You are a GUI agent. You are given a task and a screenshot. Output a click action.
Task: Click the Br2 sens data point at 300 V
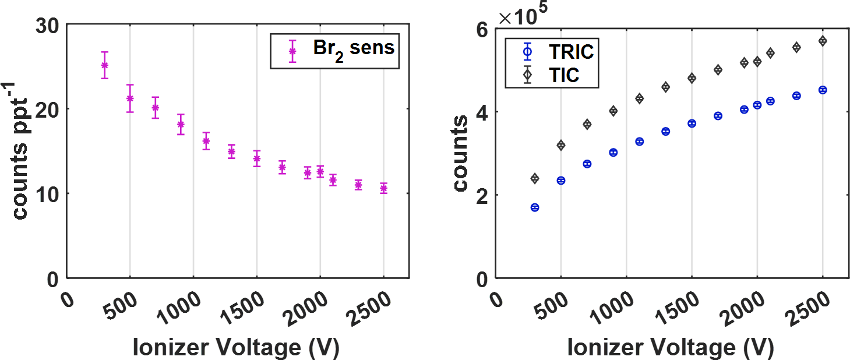click(104, 65)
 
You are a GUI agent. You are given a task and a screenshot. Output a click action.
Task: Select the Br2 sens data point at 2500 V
click(383, 188)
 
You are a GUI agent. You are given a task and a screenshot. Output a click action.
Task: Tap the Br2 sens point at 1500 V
click(256, 158)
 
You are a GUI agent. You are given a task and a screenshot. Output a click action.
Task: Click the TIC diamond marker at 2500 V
click(823, 41)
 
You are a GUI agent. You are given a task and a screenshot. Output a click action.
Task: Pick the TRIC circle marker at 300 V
click(534, 207)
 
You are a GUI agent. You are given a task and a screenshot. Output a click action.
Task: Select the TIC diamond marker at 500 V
click(560, 145)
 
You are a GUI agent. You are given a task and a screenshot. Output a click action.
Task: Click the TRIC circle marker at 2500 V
click(823, 90)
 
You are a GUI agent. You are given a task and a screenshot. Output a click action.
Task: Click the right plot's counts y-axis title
click(460, 153)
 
